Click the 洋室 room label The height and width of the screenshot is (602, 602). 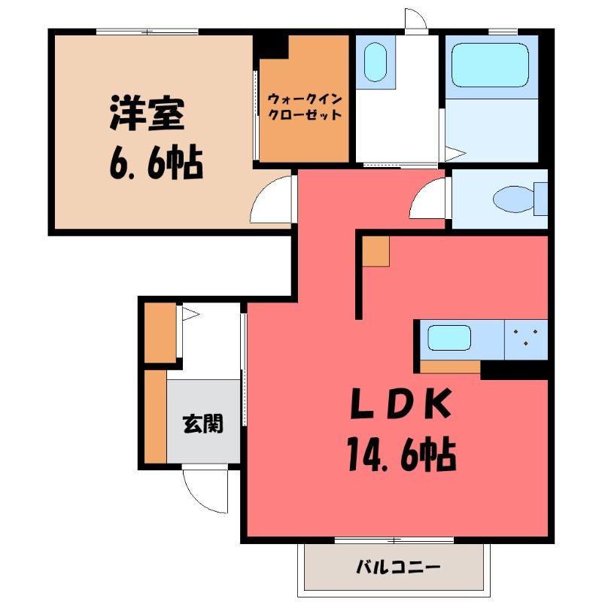click(147, 113)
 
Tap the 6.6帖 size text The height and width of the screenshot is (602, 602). click(157, 162)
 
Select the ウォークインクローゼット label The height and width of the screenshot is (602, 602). click(305, 107)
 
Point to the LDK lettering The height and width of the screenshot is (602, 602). click(400, 403)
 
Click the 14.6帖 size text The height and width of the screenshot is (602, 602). click(402, 455)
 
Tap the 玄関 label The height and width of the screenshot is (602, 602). click(203, 424)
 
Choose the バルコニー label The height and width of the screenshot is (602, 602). click(398, 567)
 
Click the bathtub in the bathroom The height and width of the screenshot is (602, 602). click(490, 65)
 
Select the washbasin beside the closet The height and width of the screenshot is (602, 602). click(375, 62)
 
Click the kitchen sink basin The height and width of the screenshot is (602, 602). click(449, 338)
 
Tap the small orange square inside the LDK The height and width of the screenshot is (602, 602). click(375, 251)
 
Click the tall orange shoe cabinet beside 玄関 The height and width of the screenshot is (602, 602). click(156, 416)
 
